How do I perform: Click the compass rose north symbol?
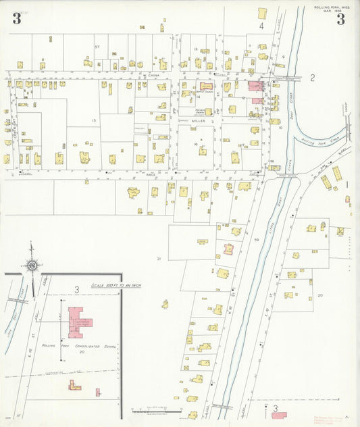tap(32, 266)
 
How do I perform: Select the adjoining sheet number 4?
tap(261, 26)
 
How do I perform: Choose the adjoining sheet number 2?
tap(312, 78)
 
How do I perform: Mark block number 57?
tap(97, 47)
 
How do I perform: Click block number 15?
tap(95, 120)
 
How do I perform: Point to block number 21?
tap(159, 259)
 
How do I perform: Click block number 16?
tap(194, 144)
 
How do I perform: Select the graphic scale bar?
tap(156, 411)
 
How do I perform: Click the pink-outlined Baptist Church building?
tap(205, 86)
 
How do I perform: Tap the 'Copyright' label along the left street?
tap(13, 125)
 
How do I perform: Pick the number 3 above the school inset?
tap(77, 290)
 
